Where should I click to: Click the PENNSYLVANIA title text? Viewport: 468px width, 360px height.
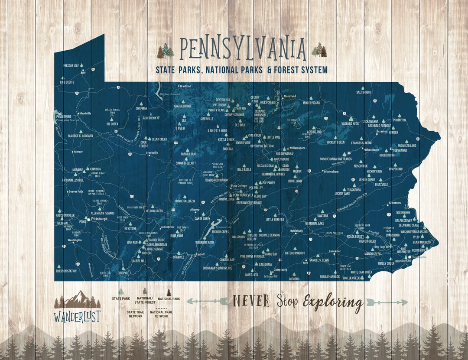243,49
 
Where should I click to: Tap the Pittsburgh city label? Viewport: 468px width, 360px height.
100,219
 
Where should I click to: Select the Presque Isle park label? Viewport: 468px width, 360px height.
71,65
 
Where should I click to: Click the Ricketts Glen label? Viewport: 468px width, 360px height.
335,142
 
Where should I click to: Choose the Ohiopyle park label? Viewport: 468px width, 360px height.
123,273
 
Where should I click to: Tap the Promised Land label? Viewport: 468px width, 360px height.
406,146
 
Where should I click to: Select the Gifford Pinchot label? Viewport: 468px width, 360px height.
295,253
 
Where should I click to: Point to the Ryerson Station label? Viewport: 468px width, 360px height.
66,271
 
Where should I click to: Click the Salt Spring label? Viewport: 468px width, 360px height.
364,92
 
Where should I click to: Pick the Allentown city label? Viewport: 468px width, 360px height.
395,203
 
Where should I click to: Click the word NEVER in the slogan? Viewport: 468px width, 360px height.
251,300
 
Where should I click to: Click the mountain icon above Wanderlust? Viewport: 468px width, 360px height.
77,299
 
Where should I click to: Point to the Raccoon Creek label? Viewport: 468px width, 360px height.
65,215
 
